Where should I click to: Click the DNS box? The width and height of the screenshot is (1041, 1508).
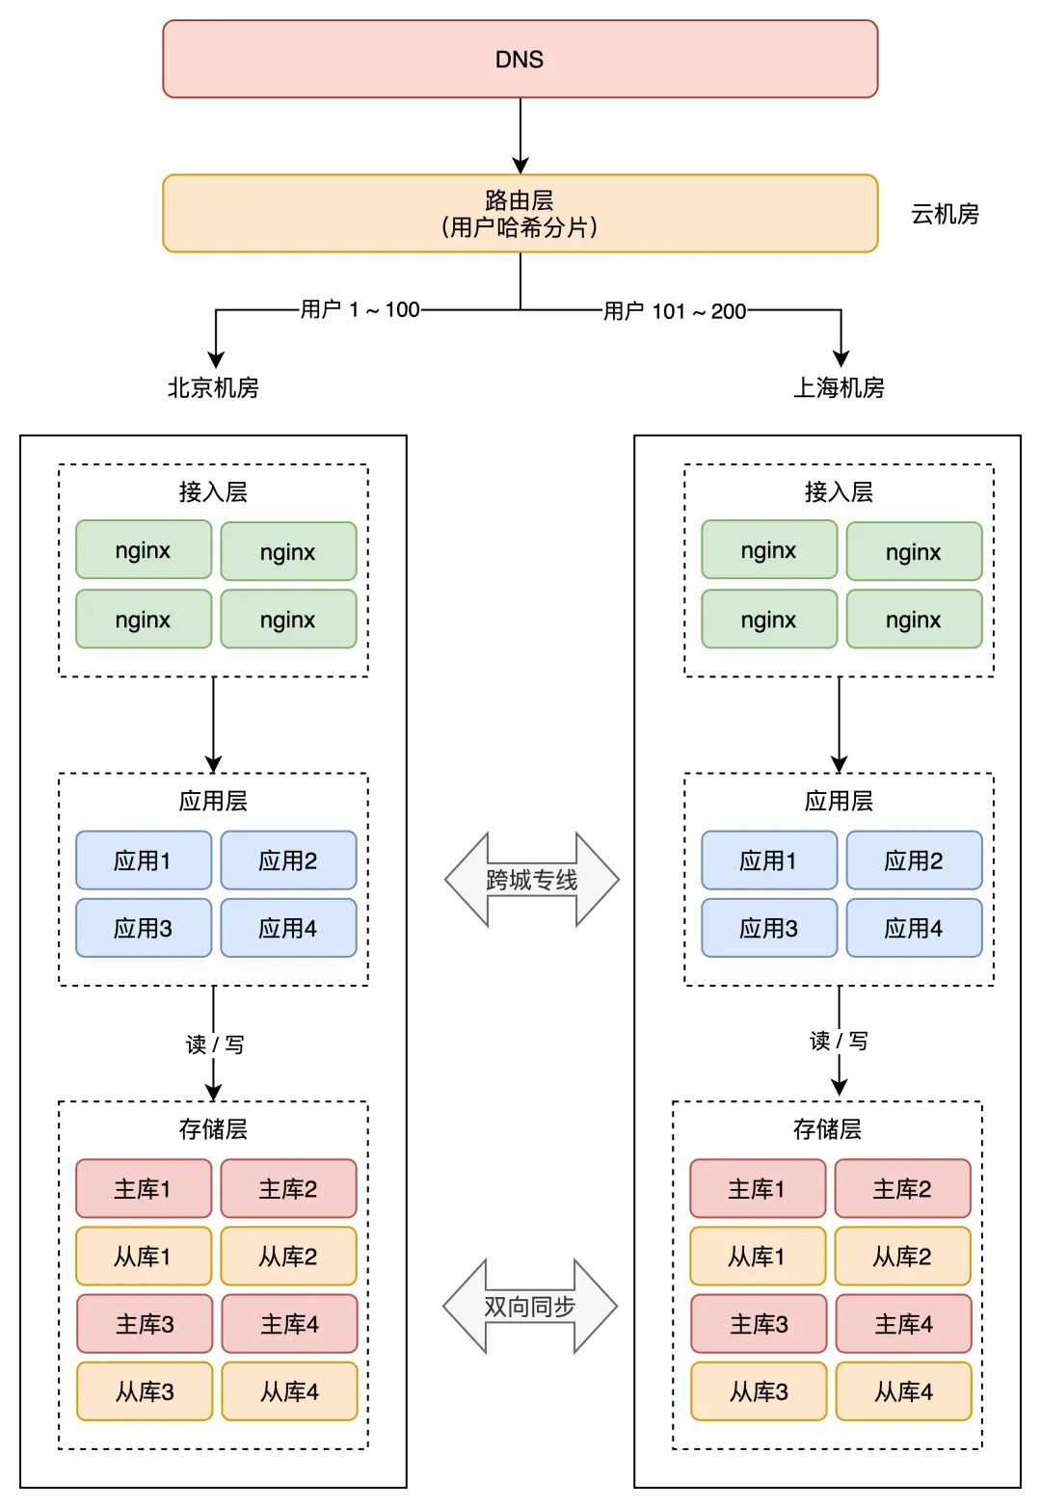pos(520,60)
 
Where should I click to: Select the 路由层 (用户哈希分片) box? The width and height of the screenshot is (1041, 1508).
pos(520,213)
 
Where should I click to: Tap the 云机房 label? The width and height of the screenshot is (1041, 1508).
pos(945,214)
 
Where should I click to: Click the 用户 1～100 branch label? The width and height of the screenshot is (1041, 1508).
pos(360,309)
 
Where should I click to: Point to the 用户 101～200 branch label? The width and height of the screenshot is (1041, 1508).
pos(675,311)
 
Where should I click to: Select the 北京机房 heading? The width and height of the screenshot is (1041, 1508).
pos(213,387)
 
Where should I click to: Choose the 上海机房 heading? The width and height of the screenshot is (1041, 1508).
pos(839,387)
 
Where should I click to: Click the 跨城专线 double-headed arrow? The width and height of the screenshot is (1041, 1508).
pos(531,880)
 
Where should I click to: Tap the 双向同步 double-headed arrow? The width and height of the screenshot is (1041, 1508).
pos(529,1307)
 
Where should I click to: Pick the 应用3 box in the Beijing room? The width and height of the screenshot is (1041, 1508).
pos(144,928)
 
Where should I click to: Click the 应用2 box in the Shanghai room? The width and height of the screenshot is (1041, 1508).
pos(914,860)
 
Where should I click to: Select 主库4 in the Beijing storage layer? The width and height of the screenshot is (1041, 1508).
pos(289,1324)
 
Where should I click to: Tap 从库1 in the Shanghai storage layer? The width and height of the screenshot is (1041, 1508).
pos(757,1257)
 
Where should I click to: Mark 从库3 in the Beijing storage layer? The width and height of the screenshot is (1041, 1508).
pos(145,1391)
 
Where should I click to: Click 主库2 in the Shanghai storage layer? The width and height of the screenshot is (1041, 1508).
pos(902,1189)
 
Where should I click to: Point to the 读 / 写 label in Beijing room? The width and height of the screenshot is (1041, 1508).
pos(214,1045)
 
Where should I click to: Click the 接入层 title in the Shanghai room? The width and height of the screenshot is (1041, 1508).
pos(839,492)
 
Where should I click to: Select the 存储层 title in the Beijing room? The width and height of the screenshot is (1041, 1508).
pos(213,1128)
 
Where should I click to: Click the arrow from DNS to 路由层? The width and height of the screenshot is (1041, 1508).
pos(520,136)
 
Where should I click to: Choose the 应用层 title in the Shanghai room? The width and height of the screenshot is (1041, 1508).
pos(839,801)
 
